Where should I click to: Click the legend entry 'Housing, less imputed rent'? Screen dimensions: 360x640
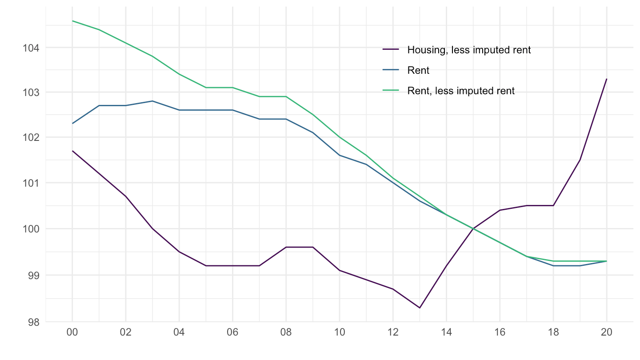coord(468,50)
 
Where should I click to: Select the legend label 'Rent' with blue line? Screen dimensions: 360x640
coord(418,70)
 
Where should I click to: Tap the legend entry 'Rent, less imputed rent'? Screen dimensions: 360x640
coord(460,91)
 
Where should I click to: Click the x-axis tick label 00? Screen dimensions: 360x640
coord(72,334)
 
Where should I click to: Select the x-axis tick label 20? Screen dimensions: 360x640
coord(607,334)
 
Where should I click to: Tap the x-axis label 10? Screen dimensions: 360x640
coord(340,334)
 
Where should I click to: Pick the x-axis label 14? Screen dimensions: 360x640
coord(446,334)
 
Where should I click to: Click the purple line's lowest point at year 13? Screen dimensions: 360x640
coord(420,308)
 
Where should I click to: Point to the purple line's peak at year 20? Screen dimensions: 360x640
coord(607,79)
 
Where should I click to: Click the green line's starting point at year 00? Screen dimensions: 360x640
coord(72,20)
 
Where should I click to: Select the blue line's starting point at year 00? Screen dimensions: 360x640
coord(72,124)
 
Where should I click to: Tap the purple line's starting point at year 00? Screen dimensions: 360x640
coord(72,151)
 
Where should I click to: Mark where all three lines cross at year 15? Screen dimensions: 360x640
coord(473,228)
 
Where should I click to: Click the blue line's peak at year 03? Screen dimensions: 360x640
coord(152,101)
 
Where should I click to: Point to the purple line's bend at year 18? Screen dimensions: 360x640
coord(553,205)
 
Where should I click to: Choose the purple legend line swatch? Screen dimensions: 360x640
coord(391,50)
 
